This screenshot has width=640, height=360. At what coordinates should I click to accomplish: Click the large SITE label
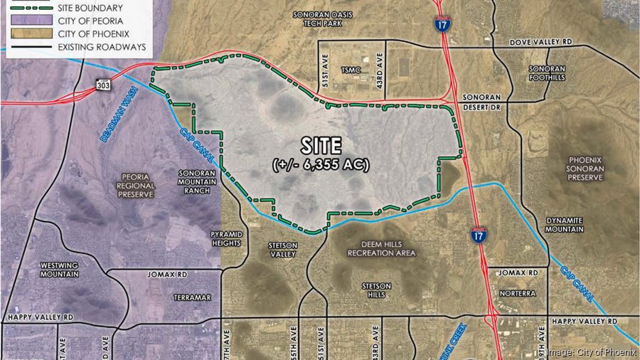321,145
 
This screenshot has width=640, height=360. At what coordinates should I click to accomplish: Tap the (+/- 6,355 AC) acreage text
321,165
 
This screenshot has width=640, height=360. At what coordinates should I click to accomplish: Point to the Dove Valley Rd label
541,43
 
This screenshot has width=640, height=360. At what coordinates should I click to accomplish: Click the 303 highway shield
104,85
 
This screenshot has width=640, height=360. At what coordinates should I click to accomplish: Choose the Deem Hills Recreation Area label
381,248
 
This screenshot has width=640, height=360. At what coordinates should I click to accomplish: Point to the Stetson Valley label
282,249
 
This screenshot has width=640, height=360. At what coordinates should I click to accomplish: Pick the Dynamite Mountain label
565,225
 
